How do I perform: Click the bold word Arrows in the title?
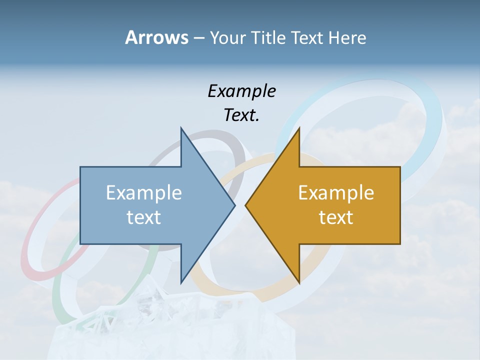pyautogui.click(x=156, y=37)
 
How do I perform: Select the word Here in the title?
pyautogui.click(x=347, y=37)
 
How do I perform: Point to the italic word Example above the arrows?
pyautogui.click(x=241, y=91)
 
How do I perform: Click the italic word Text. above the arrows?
pyautogui.click(x=241, y=115)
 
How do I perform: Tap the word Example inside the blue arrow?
pyautogui.click(x=144, y=192)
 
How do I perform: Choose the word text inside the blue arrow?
pyautogui.click(x=144, y=217)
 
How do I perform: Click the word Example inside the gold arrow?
pyautogui.click(x=336, y=192)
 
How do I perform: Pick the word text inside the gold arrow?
pyautogui.click(x=336, y=217)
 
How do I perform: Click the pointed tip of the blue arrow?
pyautogui.click(x=234, y=205)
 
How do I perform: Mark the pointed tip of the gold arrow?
pyautogui.click(x=245, y=205)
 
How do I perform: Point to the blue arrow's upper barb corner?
pyautogui.click(x=181, y=128)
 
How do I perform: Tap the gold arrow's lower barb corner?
pyautogui.click(x=299, y=282)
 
